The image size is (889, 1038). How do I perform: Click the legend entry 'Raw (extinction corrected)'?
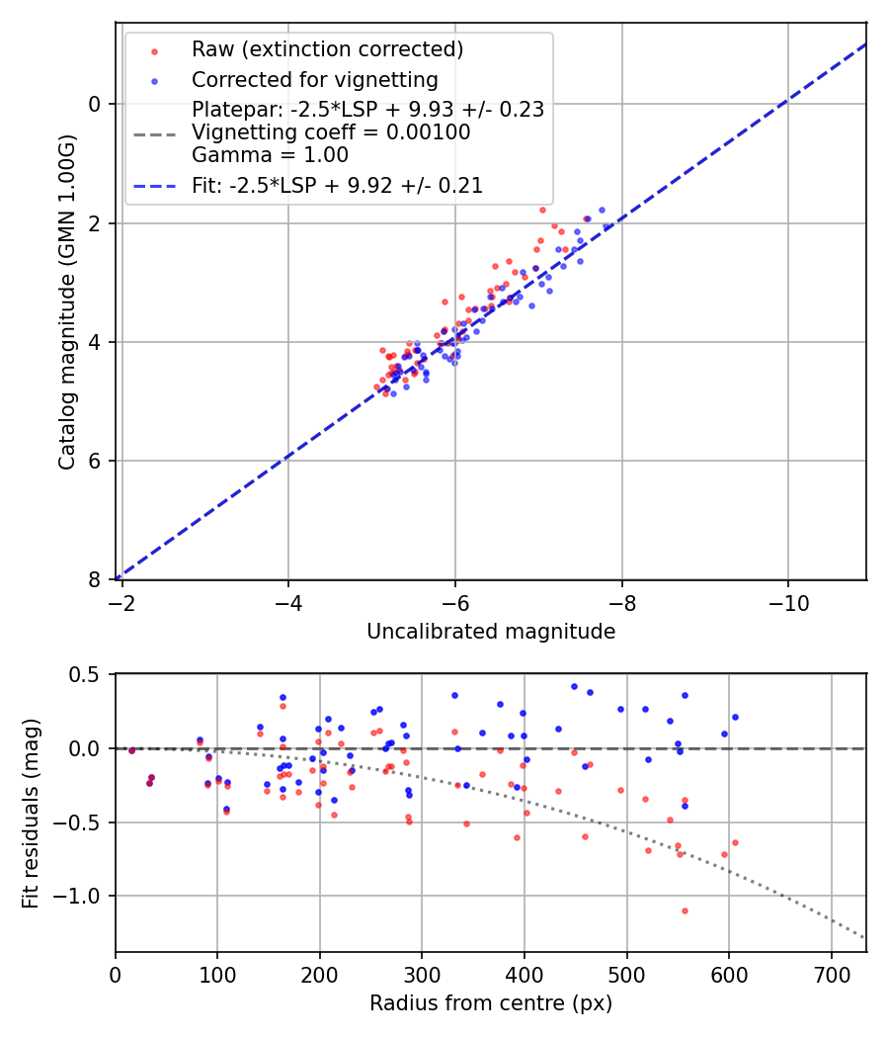click(x=327, y=49)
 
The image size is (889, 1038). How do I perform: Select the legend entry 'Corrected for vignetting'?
click(x=314, y=79)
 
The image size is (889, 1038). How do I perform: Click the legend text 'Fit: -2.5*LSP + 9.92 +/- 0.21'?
click(x=337, y=185)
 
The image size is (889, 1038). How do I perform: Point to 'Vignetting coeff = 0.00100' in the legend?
click(x=331, y=132)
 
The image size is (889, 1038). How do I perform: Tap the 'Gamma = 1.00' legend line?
click(x=270, y=155)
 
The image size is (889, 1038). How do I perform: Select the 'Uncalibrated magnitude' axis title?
click(x=491, y=632)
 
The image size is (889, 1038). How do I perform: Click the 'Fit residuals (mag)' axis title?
click(x=31, y=813)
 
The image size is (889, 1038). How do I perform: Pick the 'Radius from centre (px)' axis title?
click(x=491, y=1003)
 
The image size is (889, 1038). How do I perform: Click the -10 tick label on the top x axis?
click(x=787, y=601)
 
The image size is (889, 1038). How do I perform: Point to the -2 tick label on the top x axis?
click(x=121, y=601)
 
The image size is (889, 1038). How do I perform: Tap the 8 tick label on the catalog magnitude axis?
click(x=96, y=580)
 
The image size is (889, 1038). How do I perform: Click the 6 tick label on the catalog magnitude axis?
click(x=96, y=462)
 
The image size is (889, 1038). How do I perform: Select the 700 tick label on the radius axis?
click(x=831, y=974)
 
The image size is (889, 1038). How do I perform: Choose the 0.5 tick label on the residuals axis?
click(x=87, y=674)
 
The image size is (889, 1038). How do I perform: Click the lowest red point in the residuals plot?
click(x=684, y=910)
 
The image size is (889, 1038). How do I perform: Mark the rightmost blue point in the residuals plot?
click(x=735, y=717)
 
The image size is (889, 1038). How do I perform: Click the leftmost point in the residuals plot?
click(x=131, y=750)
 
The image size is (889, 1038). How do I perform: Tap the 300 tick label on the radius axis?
click(x=422, y=974)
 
